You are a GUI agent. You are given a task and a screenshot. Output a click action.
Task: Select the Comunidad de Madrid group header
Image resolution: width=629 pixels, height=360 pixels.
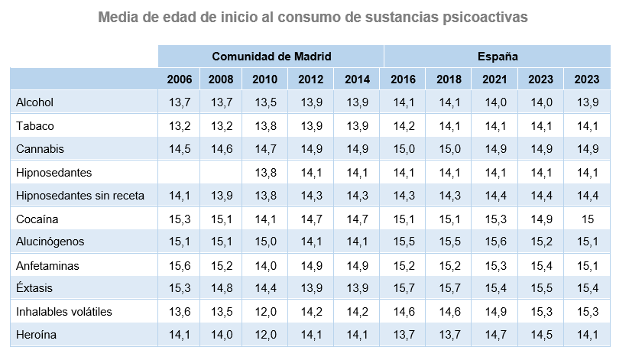tap(271, 56)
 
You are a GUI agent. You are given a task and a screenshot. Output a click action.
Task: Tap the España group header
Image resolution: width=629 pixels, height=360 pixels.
tap(498, 56)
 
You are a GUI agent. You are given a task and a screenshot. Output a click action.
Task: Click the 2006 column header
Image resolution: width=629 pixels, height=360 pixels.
tap(179, 79)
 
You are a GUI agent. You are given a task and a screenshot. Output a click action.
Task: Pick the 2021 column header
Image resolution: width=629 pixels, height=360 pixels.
tap(496, 79)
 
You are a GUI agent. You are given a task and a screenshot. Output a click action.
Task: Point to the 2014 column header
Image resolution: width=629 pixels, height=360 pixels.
tap(358, 79)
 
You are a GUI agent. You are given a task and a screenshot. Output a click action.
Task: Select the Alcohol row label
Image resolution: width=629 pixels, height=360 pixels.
tap(34, 102)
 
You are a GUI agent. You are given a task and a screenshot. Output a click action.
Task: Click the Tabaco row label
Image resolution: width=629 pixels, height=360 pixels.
tap(34, 126)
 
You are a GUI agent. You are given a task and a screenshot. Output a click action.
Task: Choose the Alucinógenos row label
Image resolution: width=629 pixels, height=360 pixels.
tap(50, 242)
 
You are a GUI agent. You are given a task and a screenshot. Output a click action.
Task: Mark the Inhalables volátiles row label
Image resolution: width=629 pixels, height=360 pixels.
tap(64, 312)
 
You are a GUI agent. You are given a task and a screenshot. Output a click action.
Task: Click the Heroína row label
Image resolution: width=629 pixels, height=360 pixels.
tap(36, 335)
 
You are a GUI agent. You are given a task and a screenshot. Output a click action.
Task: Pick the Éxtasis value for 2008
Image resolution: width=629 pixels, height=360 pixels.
tap(221, 289)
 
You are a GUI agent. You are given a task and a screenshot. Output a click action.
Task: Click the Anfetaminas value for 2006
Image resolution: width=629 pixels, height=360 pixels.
tap(179, 266)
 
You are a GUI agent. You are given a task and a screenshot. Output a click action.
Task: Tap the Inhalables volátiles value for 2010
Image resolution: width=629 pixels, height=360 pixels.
tap(265, 312)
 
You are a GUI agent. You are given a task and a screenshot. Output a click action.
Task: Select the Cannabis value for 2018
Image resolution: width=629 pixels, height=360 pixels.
tap(449, 149)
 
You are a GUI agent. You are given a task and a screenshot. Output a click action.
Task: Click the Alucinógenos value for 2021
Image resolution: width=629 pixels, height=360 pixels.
tap(496, 242)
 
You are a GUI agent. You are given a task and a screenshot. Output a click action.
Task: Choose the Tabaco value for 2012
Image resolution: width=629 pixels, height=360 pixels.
tap(312, 126)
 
